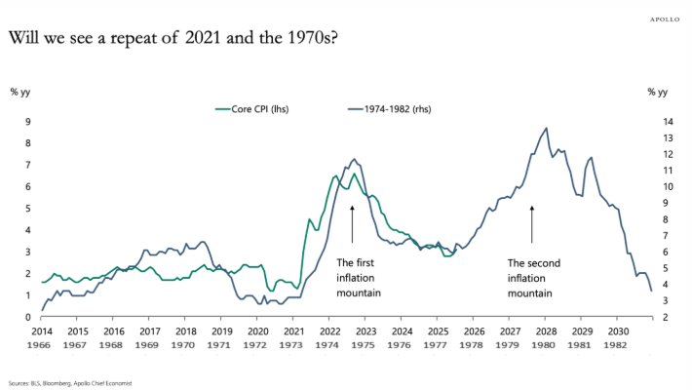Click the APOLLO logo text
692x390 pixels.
click(665, 18)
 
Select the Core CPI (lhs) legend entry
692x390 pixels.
click(252, 108)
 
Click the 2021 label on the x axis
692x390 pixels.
click(292, 332)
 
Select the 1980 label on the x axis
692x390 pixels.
click(544, 345)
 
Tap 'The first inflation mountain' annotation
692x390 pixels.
click(358, 277)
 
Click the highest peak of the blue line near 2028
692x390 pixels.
click(546, 128)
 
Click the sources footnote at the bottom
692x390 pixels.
click(72, 383)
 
